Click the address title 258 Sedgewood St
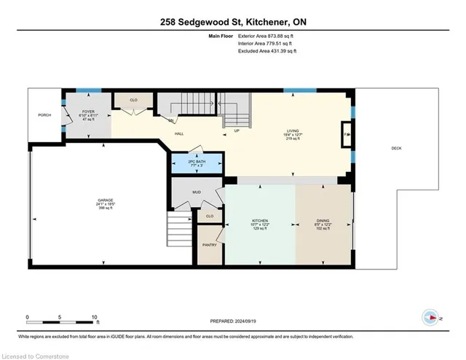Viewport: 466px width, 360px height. click(233, 23)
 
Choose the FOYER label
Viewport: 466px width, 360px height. click(88, 113)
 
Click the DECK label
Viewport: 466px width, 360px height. click(396, 148)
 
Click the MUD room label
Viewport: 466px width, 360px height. click(197, 193)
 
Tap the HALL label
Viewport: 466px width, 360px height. click(178, 134)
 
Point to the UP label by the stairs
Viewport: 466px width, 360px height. click(237, 132)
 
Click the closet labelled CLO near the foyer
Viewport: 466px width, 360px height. click(134, 100)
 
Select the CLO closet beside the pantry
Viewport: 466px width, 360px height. click(209, 216)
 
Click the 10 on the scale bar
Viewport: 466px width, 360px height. click(95, 317)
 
